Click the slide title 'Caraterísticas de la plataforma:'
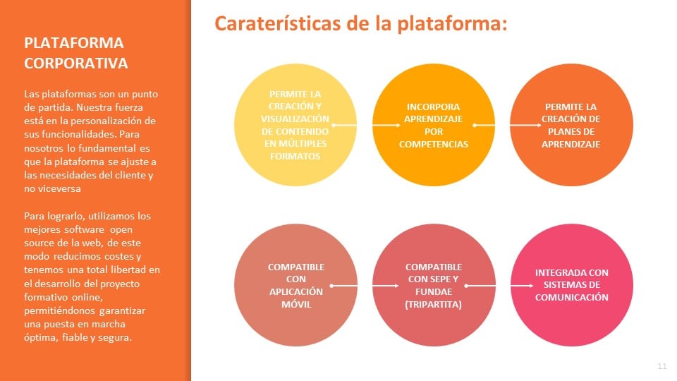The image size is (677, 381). [x=360, y=23]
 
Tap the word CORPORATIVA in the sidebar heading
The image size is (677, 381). [x=76, y=63]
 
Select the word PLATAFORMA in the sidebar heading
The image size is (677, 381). [x=74, y=43]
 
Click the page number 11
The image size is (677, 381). [x=662, y=366]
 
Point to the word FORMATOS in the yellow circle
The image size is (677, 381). [x=295, y=156]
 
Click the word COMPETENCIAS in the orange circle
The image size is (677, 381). [x=434, y=144]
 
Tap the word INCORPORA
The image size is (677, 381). [x=434, y=107]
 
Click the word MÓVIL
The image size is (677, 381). [x=296, y=304]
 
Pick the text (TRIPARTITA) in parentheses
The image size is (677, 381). [x=433, y=304]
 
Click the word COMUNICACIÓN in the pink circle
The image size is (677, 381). [x=572, y=297]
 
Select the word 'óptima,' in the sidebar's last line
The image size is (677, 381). [x=41, y=337]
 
